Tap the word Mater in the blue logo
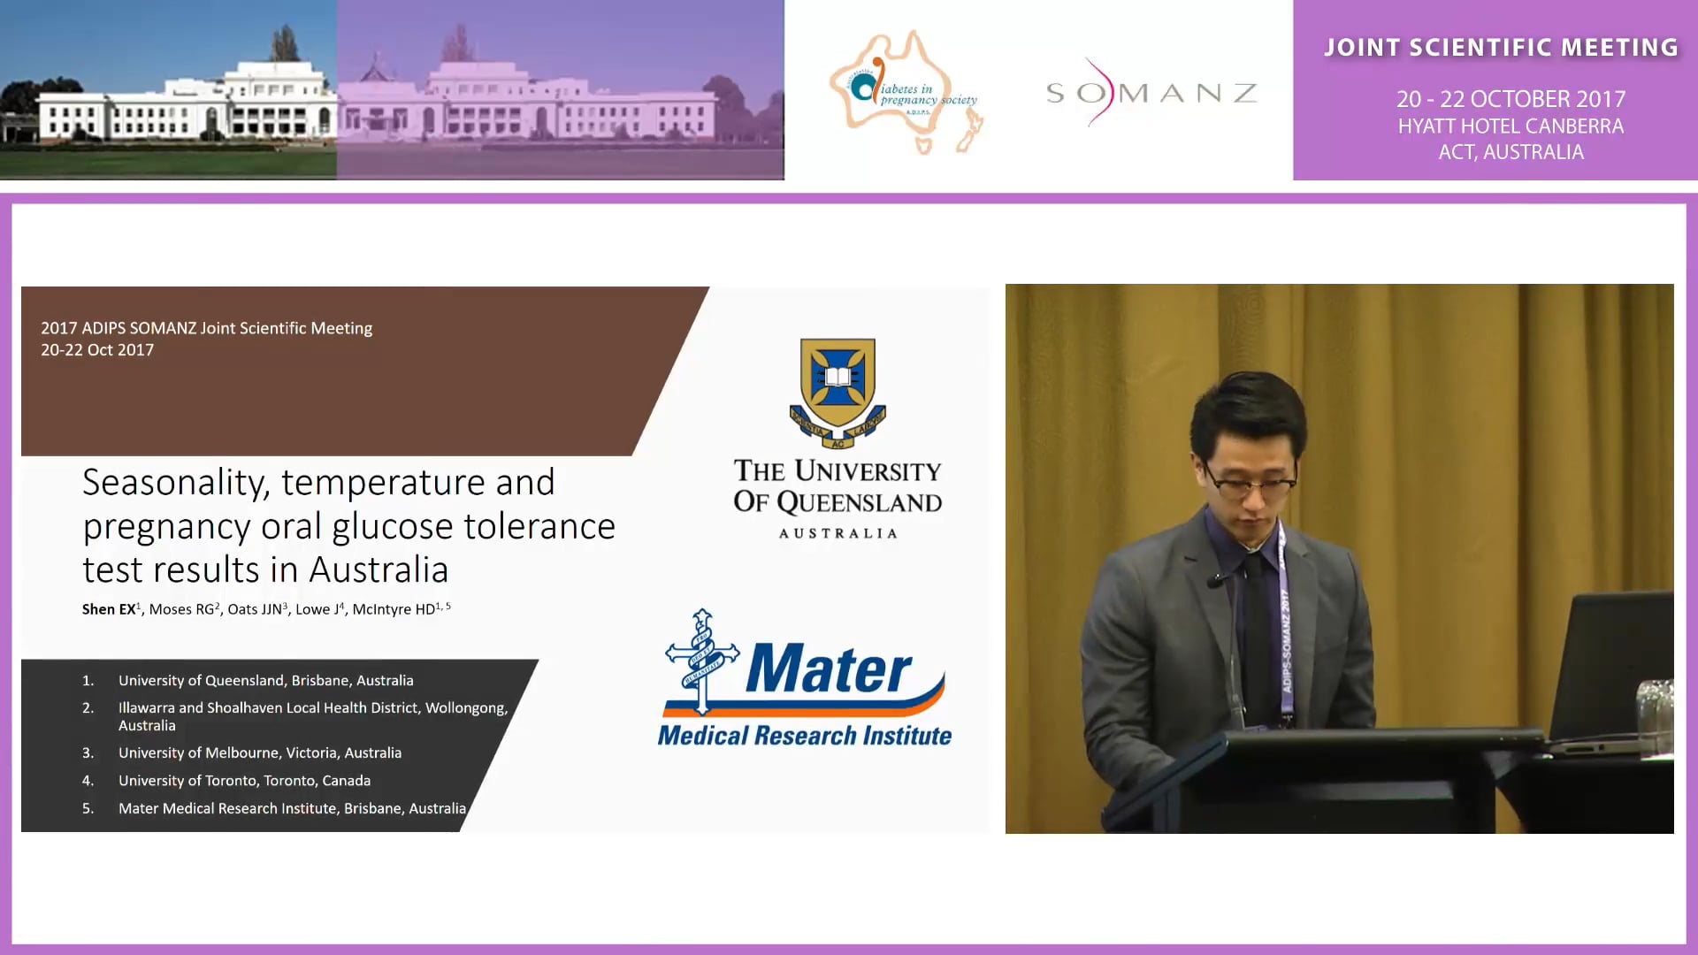[828, 669]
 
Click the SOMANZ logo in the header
[1151, 93]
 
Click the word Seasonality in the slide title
[173, 483]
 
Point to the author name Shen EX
[109, 609]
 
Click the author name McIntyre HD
[394, 609]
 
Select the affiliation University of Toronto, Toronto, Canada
[244, 781]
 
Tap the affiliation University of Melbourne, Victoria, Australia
[259, 753]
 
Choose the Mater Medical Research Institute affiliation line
[292, 808]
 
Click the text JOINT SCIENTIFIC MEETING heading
[1501, 48]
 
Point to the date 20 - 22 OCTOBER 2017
[1511, 99]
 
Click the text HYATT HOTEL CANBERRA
[1511, 126]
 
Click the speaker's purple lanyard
[1285, 619]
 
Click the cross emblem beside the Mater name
[702, 659]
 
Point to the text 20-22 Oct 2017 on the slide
[97, 350]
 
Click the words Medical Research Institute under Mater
[804, 736]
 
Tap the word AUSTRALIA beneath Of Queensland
[838, 533]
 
